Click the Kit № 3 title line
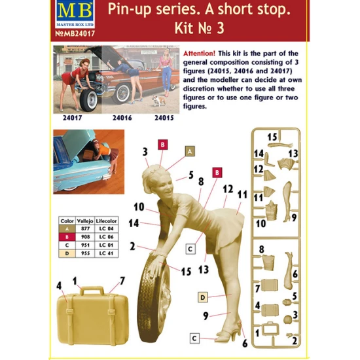click(224, 30)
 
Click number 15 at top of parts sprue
click(272, 136)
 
